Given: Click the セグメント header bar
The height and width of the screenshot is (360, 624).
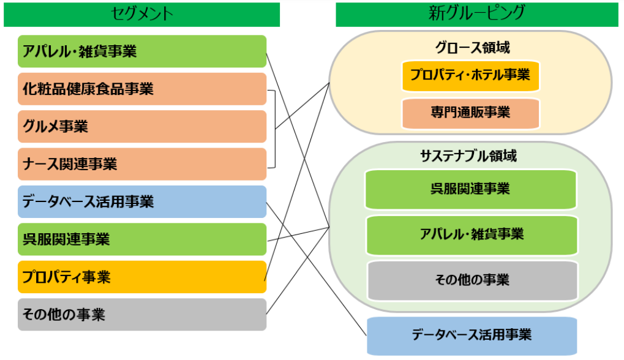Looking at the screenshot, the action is pyautogui.click(x=141, y=15).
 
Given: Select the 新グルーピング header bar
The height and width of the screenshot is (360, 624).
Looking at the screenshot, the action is pyautogui.click(x=477, y=15).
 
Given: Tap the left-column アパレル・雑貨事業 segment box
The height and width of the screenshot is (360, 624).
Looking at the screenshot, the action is pyautogui.click(x=142, y=51).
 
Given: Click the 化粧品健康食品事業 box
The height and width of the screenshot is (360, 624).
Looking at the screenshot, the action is pyautogui.click(x=142, y=89).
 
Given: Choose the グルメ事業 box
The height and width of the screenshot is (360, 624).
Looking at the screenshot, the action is pyautogui.click(x=142, y=127).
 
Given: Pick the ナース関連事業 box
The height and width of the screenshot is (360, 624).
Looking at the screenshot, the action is pyautogui.click(x=142, y=164).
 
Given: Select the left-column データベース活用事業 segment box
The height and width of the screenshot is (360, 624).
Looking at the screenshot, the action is pyautogui.click(x=142, y=201).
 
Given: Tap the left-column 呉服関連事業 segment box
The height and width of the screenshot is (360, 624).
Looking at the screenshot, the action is pyautogui.click(x=142, y=239).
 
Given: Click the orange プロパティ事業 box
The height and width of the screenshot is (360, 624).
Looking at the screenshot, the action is pyautogui.click(x=142, y=277).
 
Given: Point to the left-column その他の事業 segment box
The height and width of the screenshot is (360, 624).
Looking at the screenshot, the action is pyautogui.click(x=142, y=314).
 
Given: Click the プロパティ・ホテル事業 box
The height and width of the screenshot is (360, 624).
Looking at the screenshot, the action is pyautogui.click(x=470, y=75).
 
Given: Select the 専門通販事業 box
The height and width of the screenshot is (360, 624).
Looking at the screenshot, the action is pyautogui.click(x=470, y=113).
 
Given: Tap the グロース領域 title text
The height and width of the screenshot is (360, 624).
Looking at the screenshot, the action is pyautogui.click(x=472, y=48).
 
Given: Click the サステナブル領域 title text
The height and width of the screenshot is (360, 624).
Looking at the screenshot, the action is pyautogui.click(x=468, y=156).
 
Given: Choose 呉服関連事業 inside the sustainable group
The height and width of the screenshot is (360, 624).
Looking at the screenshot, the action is pyautogui.click(x=471, y=189).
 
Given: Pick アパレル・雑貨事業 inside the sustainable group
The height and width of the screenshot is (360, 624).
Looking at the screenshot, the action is pyautogui.click(x=472, y=234).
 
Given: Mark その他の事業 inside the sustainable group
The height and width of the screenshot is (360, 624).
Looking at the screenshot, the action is pyautogui.click(x=472, y=280).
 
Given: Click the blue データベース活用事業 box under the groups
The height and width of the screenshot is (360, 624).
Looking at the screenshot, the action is pyautogui.click(x=472, y=336).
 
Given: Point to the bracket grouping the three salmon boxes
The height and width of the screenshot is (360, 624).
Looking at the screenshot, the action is pyautogui.click(x=275, y=129).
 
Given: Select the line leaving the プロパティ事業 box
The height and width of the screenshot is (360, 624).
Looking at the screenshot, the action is pyautogui.click(x=297, y=182).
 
